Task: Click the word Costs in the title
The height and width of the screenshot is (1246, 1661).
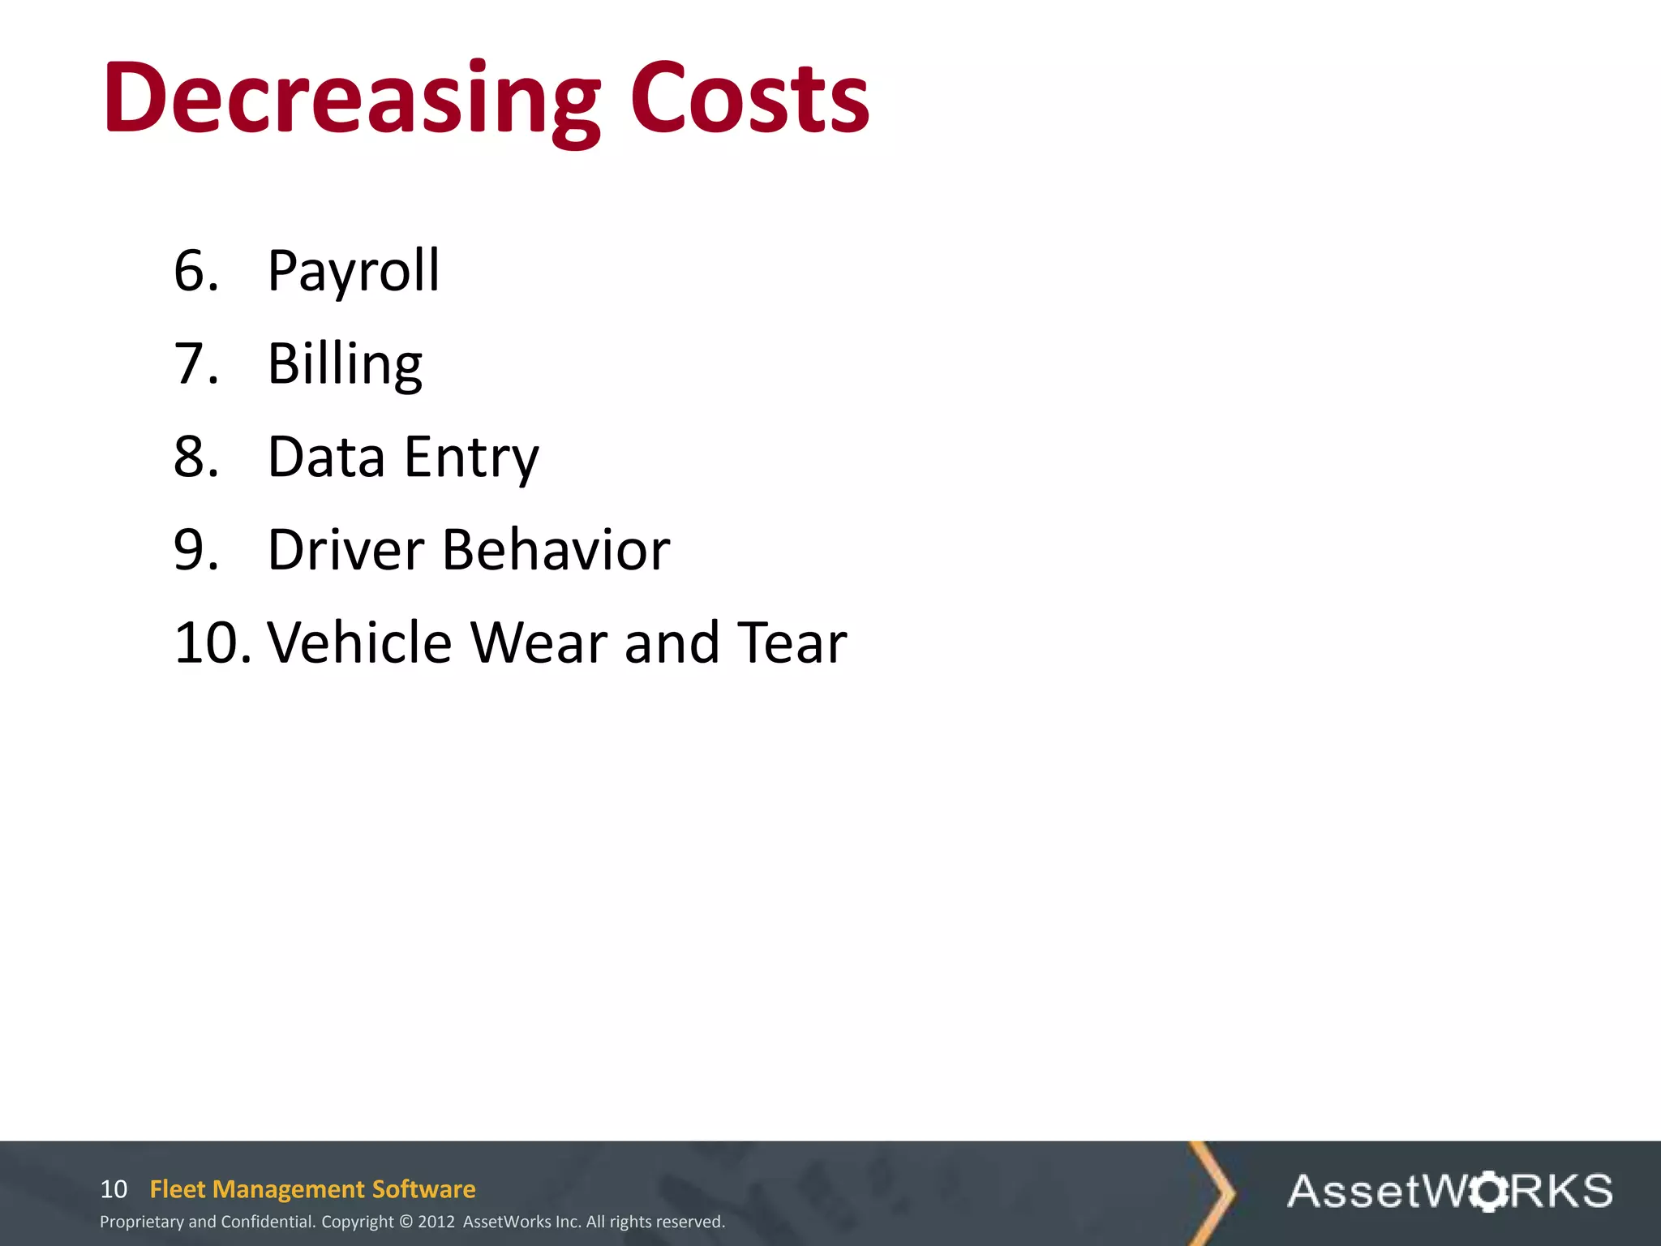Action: click(x=749, y=99)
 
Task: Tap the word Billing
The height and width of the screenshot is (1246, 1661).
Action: click(x=345, y=364)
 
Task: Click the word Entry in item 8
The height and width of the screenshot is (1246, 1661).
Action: click(x=471, y=458)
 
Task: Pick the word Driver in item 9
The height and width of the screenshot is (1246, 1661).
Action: click(x=346, y=550)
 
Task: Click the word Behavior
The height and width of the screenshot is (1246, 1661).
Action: click(x=556, y=550)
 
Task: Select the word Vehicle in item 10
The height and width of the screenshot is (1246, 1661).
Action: click(x=359, y=642)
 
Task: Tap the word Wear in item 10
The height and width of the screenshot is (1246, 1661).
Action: click(x=539, y=642)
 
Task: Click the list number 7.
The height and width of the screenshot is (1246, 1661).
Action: click(x=195, y=364)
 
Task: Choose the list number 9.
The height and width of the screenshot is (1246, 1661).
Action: click(x=195, y=550)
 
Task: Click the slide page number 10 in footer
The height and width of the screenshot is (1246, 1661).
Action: click(x=114, y=1189)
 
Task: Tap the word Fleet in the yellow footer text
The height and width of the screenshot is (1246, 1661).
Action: click(x=178, y=1189)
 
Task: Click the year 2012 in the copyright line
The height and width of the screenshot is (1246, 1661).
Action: click(x=436, y=1222)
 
